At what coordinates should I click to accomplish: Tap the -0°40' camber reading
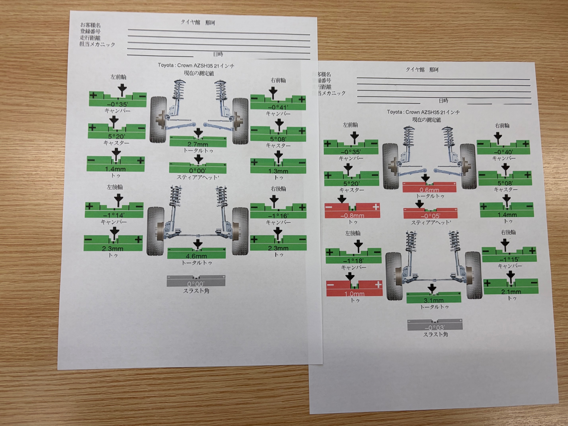[x=503, y=152]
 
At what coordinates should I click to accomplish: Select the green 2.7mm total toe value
[x=198, y=144]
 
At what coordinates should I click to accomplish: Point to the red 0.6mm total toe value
[x=429, y=190]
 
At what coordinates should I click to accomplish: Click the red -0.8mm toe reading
[x=352, y=216]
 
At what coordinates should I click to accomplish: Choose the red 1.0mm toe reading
[x=354, y=294]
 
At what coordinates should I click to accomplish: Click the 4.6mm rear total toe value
[x=196, y=256]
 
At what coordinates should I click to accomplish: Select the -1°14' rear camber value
[x=114, y=215]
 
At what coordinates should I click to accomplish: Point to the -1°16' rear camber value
[x=278, y=216]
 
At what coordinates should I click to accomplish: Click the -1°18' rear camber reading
[x=353, y=261]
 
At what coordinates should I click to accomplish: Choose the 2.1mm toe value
[x=511, y=292]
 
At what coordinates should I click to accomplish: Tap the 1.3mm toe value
[x=278, y=171]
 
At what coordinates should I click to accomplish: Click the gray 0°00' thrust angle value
[x=196, y=284]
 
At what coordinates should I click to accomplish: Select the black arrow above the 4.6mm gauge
[x=197, y=244]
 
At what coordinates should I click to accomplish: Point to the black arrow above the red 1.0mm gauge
[x=350, y=277]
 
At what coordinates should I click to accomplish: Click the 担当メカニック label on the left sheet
[x=97, y=44]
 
